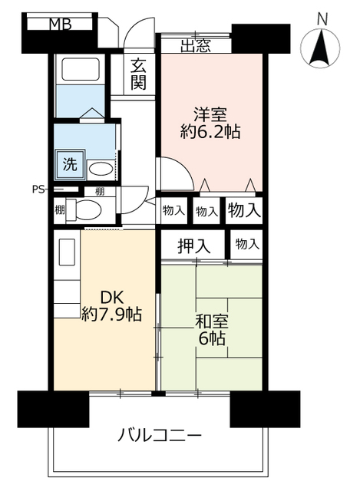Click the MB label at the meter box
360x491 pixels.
point(61,25)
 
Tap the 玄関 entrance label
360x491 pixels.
point(138,73)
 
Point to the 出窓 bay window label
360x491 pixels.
point(197,45)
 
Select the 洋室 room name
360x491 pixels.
point(210,114)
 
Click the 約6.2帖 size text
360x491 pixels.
point(210,132)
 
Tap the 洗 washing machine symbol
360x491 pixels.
point(70,163)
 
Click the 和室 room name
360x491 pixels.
point(210,319)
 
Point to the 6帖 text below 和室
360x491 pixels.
point(210,338)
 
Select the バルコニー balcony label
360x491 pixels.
point(160,436)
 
